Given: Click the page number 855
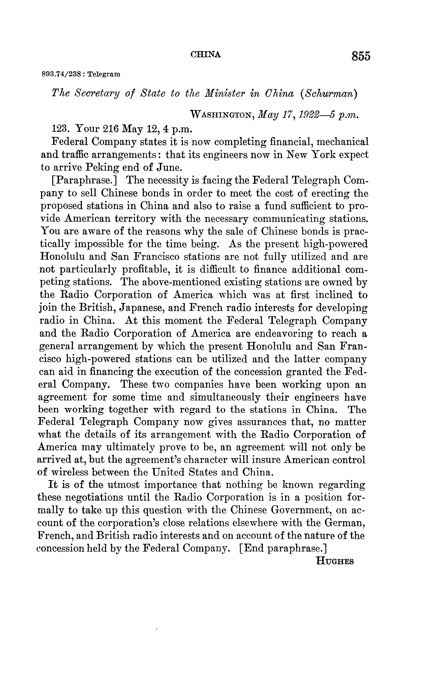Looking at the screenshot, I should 361,56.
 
